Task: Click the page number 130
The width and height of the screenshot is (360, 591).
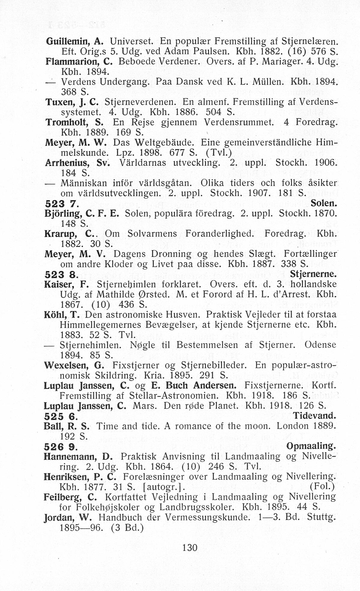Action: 190,547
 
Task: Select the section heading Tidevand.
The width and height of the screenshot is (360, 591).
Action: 314,416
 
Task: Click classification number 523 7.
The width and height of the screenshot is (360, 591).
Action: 62,204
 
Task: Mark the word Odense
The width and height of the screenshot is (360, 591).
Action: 320,345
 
